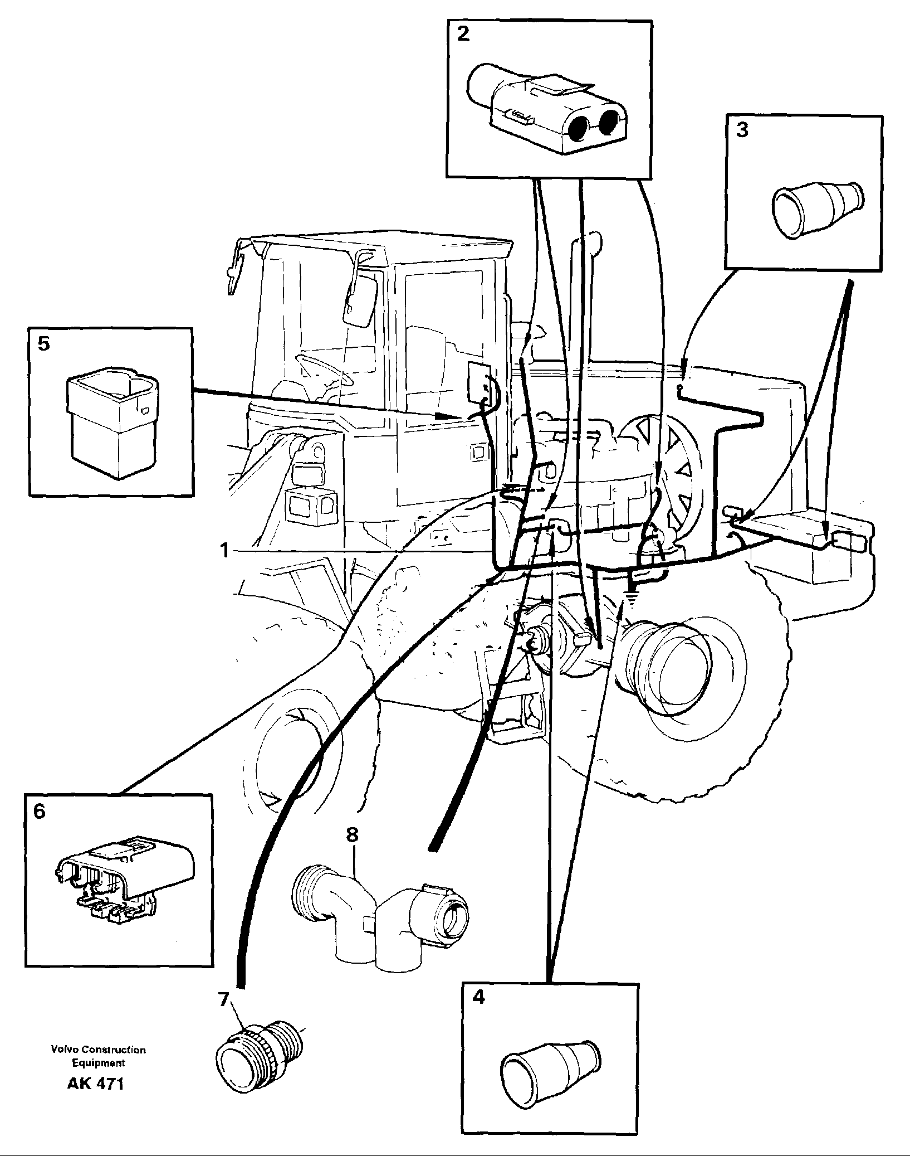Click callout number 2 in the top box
463,35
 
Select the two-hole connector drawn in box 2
549,111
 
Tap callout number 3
742,130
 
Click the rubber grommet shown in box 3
816,208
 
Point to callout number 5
43,343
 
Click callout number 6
39,812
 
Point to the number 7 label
223,1000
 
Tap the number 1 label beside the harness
224,551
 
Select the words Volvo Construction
98,1050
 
